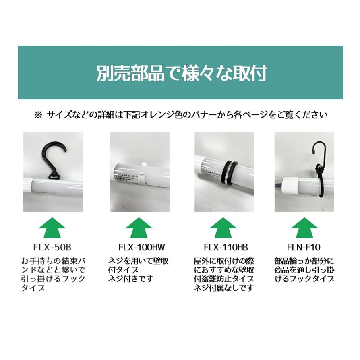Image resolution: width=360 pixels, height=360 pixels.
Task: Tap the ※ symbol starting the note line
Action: point(38,115)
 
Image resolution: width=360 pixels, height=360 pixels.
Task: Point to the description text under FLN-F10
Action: point(304,269)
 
